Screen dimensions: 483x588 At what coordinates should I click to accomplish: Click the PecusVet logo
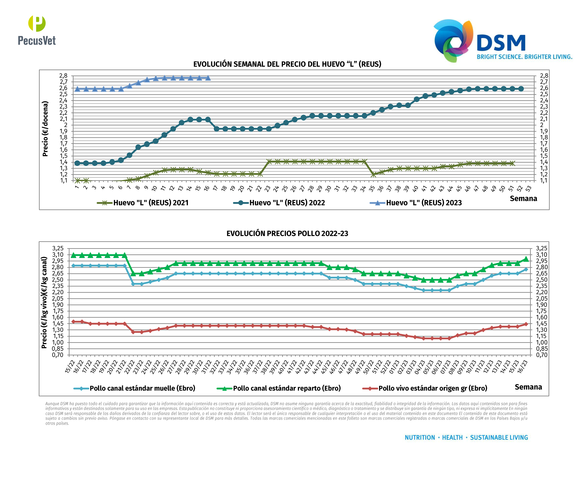click(x=37, y=31)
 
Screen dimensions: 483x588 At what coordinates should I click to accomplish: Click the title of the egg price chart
click(x=287, y=64)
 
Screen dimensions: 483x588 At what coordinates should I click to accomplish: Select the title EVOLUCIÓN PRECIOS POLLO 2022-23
click(x=287, y=233)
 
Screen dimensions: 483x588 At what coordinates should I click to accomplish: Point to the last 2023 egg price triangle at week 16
click(x=208, y=78)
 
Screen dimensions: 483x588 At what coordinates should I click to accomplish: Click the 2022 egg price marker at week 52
click(x=521, y=89)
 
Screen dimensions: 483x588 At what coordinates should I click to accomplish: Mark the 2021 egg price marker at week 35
click(x=373, y=175)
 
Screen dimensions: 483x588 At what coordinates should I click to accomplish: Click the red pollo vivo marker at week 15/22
click(x=73, y=322)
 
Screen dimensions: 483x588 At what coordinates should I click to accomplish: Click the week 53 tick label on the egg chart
click(x=528, y=189)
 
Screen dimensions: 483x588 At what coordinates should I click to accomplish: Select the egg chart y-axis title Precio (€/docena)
click(x=45, y=129)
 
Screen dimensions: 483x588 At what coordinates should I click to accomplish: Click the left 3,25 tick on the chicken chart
click(x=58, y=248)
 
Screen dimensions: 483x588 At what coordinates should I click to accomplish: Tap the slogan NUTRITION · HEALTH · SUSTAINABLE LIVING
click(x=466, y=438)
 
